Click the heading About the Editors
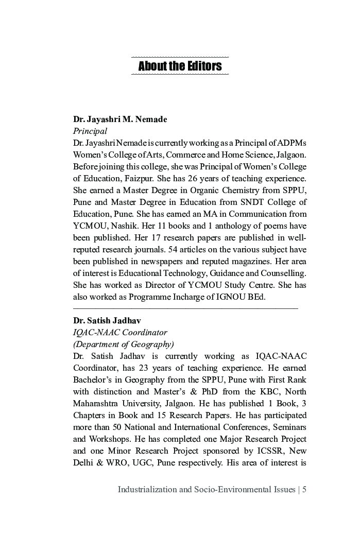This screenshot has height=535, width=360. tap(180, 66)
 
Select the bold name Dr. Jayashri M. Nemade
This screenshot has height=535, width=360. tap(120, 119)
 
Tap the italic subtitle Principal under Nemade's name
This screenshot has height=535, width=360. tap(90, 131)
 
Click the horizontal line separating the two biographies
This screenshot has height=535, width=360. tap(185, 308)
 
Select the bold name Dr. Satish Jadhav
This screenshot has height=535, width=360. tap(107, 321)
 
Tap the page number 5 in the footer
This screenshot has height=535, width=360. tap(304, 490)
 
